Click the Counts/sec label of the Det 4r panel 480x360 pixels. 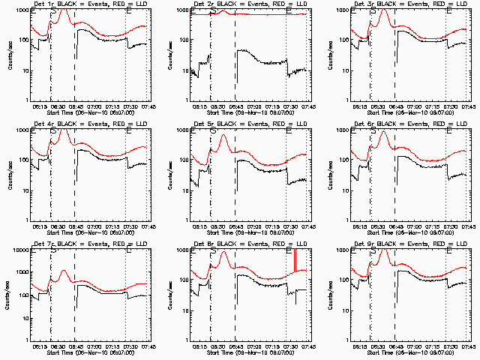[x=9, y=174]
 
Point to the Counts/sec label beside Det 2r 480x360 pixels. [x=169, y=55]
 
